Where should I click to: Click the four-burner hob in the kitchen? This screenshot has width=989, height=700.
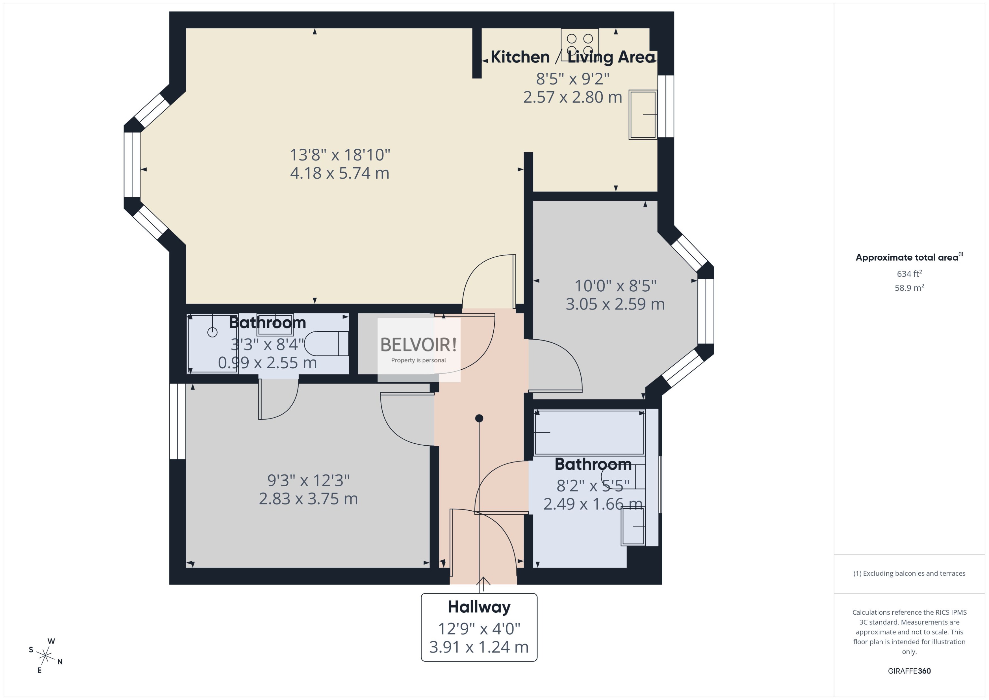pyautogui.click(x=579, y=44)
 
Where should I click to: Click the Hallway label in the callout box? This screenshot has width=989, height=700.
pyautogui.click(x=479, y=607)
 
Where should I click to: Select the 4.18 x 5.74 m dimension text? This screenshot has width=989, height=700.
pyautogui.click(x=340, y=173)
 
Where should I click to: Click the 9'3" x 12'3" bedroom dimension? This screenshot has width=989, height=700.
pyautogui.click(x=308, y=480)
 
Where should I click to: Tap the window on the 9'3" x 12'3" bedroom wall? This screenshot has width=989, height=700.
pyautogui.click(x=177, y=421)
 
